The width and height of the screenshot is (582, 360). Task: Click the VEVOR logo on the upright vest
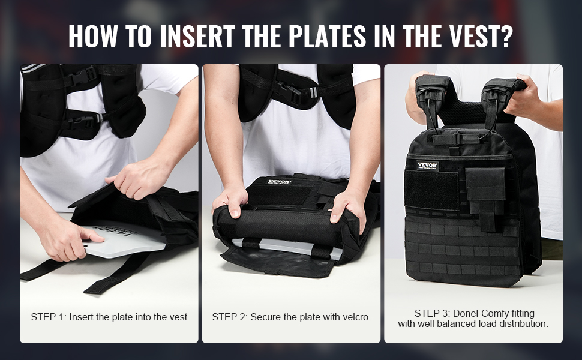[427, 166]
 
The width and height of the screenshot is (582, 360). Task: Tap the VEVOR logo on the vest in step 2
[280, 182]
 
